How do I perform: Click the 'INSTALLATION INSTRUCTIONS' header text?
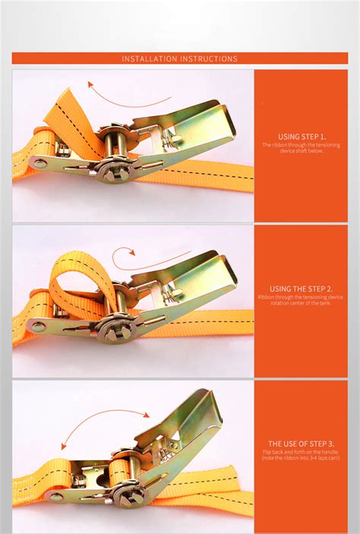pyautogui.click(x=180, y=58)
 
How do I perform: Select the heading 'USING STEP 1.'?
pyautogui.click(x=302, y=135)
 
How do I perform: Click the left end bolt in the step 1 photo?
pyautogui.click(x=39, y=163)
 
